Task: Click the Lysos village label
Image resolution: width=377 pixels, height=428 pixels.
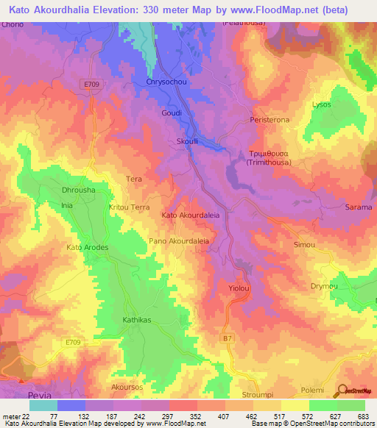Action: click(x=322, y=105)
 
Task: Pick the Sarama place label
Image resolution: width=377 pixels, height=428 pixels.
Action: click(x=359, y=208)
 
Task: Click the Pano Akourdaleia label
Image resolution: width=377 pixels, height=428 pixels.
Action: click(x=179, y=240)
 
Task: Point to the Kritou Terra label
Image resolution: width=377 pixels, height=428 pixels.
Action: click(x=130, y=208)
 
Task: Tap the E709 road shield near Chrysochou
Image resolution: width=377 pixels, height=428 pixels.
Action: click(x=91, y=85)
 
